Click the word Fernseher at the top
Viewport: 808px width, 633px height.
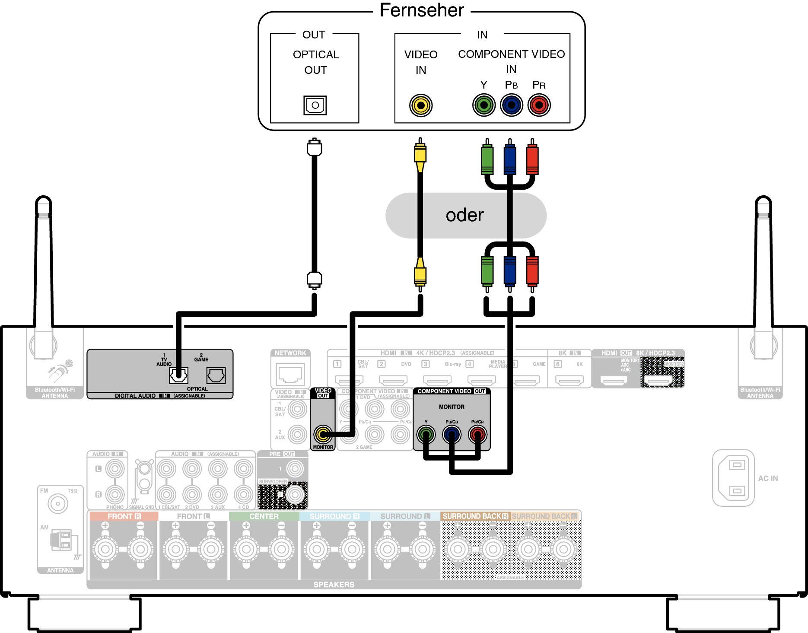pyautogui.click(x=422, y=10)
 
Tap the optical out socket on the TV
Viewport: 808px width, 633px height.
pyautogui.click(x=315, y=105)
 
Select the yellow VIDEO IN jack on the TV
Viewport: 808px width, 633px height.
pyautogui.click(x=420, y=105)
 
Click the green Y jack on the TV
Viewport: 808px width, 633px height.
pyautogui.click(x=484, y=105)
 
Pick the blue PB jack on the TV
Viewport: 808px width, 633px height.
pyautogui.click(x=512, y=105)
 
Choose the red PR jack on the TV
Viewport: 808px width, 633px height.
pyautogui.click(x=539, y=105)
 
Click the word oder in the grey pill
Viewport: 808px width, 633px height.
pyautogui.click(x=464, y=215)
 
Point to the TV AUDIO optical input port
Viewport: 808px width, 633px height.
pyautogui.click(x=178, y=375)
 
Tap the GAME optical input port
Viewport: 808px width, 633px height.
pyautogui.click(x=216, y=375)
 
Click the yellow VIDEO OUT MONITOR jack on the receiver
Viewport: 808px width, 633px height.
pyautogui.click(x=323, y=434)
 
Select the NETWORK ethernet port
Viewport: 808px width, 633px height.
pyautogui.click(x=290, y=374)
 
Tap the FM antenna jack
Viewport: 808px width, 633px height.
pyautogui.click(x=58, y=503)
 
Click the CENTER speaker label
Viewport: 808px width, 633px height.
pyautogui.click(x=264, y=516)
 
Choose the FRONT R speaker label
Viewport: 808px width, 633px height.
pyautogui.click(x=124, y=516)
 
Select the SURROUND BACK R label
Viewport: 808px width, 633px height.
pyautogui.click(x=475, y=516)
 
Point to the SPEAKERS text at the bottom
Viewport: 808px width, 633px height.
pyautogui.click(x=334, y=585)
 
